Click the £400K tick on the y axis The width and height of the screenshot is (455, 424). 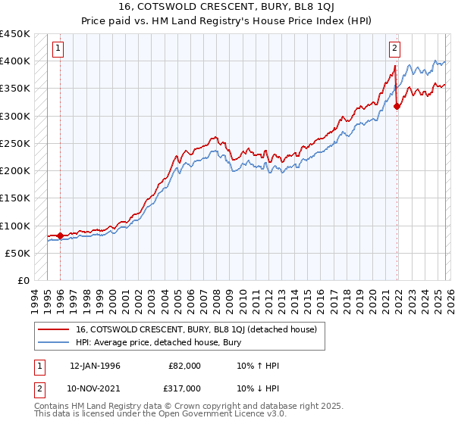[15, 61]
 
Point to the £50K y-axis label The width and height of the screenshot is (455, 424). [18, 253]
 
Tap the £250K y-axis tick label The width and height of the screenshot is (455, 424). [15, 143]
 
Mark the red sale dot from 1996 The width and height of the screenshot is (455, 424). [61, 235]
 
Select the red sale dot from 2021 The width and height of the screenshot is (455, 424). [397, 107]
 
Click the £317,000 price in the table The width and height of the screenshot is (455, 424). [185, 388]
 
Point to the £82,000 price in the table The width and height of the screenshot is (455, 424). [185, 366]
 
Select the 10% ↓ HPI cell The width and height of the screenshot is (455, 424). [258, 388]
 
